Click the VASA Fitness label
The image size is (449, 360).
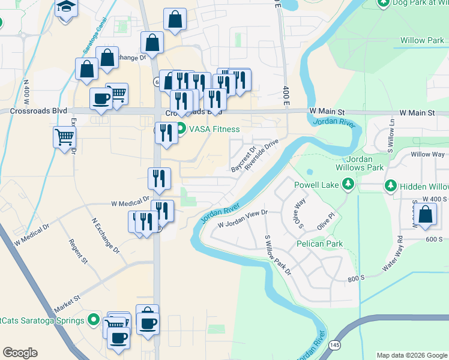(214, 129)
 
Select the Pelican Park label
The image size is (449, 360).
(319, 244)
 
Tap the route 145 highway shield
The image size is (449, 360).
(335, 344)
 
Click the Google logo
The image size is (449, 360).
(20, 353)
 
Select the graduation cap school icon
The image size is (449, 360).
(67, 9)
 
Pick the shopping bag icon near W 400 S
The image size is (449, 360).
(425, 215)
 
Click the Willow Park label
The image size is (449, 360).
(422, 41)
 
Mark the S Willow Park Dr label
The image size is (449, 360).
(277, 254)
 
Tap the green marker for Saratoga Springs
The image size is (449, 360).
(93, 320)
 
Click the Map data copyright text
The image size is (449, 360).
(411, 355)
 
